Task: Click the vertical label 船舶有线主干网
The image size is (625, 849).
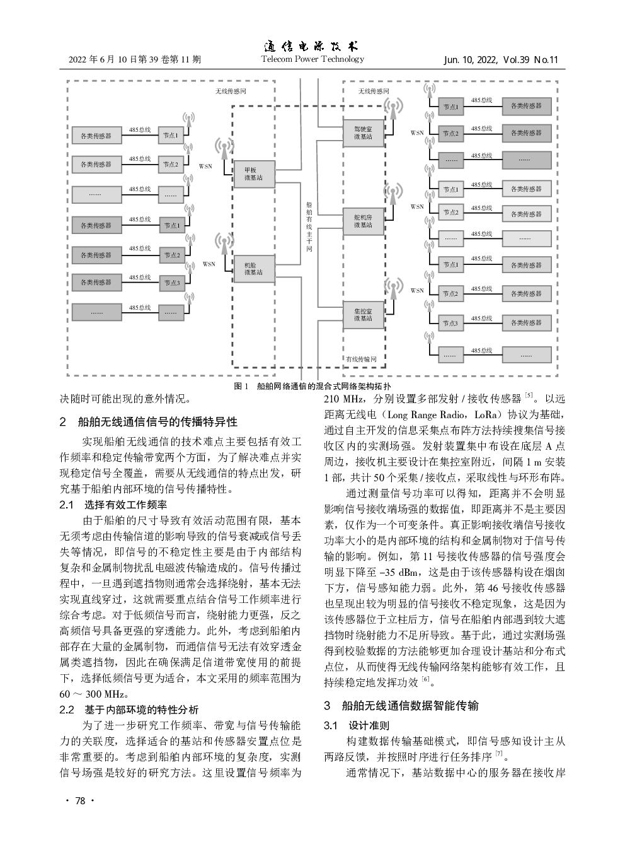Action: coord(309,226)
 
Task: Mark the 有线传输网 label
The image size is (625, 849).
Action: coord(361,359)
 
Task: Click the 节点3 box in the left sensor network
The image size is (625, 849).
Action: coord(171,283)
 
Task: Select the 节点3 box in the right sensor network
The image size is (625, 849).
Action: coord(450,324)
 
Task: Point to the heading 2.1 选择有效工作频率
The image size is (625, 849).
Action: coord(114,505)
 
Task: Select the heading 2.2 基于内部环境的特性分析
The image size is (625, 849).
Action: coord(129,709)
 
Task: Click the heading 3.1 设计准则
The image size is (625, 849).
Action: coord(357,725)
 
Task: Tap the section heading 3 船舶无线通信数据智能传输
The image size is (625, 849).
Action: coord(401,705)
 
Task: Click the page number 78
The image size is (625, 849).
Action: coord(79,801)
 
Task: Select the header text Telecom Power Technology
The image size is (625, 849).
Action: coord(312,59)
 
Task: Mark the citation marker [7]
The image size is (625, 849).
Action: coord(498,754)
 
